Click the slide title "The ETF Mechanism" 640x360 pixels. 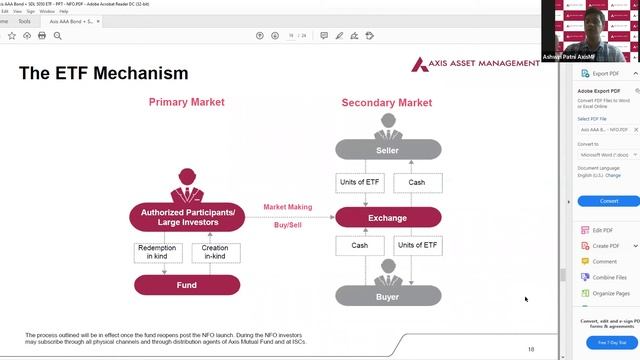coord(103,73)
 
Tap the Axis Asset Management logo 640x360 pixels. coord(473,66)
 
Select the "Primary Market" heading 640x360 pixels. coord(186,102)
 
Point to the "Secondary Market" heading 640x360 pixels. coord(386,103)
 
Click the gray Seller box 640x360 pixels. coord(387,150)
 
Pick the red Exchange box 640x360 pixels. coord(387,217)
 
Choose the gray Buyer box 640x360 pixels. coord(387,295)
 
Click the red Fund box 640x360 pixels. coord(187,284)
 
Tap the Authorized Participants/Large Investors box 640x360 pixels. coord(187,216)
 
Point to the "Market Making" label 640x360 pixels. coord(287,207)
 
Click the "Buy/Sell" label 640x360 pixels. coord(287,225)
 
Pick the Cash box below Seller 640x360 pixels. coord(417,182)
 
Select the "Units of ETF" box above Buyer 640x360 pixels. coord(419,245)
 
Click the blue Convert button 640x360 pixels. coord(609,200)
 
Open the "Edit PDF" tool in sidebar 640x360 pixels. coord(602,230)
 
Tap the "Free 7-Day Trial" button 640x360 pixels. coord(609,342)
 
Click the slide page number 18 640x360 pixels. coord(531,349)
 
